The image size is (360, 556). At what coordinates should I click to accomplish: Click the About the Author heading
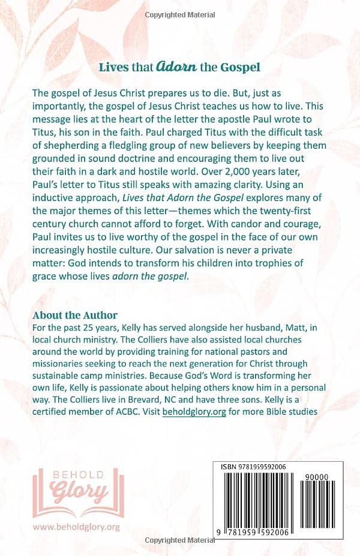75,315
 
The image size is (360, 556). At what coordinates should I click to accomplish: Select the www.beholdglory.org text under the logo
76,527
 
